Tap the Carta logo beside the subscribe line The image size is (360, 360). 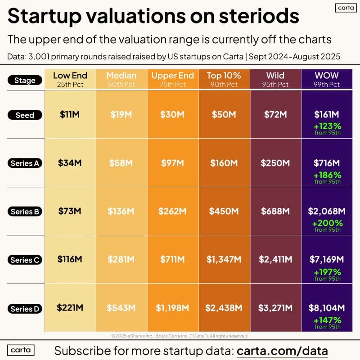(x=22, y=350)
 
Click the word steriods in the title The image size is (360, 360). (x=257, y=16)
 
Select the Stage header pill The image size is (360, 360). (x=25, y=81)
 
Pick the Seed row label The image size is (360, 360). (x=25, y=115)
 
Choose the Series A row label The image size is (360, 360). (x=25, y=163)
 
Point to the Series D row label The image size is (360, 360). (x=25, y=309)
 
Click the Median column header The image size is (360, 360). (x=121, y=75)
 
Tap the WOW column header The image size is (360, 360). (x=327, y=75)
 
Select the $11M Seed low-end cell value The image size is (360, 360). (x=70, y=115)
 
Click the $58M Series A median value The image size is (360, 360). (x=121, y=163)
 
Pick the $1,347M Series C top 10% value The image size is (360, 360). (x=224, y=260)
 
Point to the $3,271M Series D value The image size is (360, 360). (x=275, y=308)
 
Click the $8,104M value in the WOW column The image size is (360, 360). (x=327, y=308)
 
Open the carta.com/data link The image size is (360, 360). (x=282, y=350)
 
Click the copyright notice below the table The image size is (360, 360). (x=180, y=335)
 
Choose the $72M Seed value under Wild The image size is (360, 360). (x=275, y=115)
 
